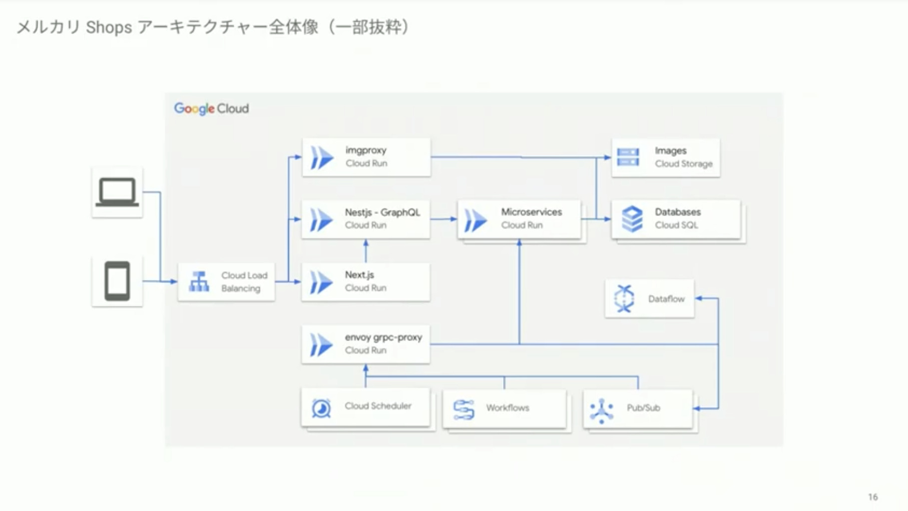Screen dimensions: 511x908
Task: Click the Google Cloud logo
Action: pyautogui.click(x=211, y=108)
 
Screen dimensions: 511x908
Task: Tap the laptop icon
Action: pyautogui.click(x=117, y=192)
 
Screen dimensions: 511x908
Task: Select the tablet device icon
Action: pyautogui.click(x=117, y=281)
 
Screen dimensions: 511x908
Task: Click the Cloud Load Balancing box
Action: pyautogui.click(x=226, y=282)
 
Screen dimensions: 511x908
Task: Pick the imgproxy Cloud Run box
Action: pyautogui.click(x=366, y=157)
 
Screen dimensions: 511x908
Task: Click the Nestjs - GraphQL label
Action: pyautogui.click(x=382, y=212)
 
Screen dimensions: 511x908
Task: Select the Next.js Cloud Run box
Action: pyautogui.click(x=366, y=281)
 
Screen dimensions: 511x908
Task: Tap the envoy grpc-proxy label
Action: pyautogui.click(x=383, y=337)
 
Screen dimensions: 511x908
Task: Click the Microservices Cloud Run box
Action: pyautogui.click(x=519, y=219)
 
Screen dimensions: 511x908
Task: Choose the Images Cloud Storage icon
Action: pyautogui.click(x=628, y=157)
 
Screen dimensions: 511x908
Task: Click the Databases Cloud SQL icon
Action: pyautogui.click(x=632, y=219)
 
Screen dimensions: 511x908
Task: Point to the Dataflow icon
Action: pyautogui.click(x=624, y=298)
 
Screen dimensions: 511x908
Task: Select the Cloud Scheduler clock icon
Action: pyautogui.click(x=321, y=408)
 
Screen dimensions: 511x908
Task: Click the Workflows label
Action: pyautogui.click(x=507, y=408)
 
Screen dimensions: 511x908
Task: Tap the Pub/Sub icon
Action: pyautogui.click(x=601, y=411)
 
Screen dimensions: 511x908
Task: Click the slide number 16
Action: pyautogui.click(x=873, y=497)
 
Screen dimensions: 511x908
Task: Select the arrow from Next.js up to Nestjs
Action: pyautogui.click(x=366, y=251)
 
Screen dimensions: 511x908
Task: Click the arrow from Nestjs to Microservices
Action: pyautogui.click(x=444, y=219)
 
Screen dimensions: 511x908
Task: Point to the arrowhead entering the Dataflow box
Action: pyautogui.click(x=699, y=298)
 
